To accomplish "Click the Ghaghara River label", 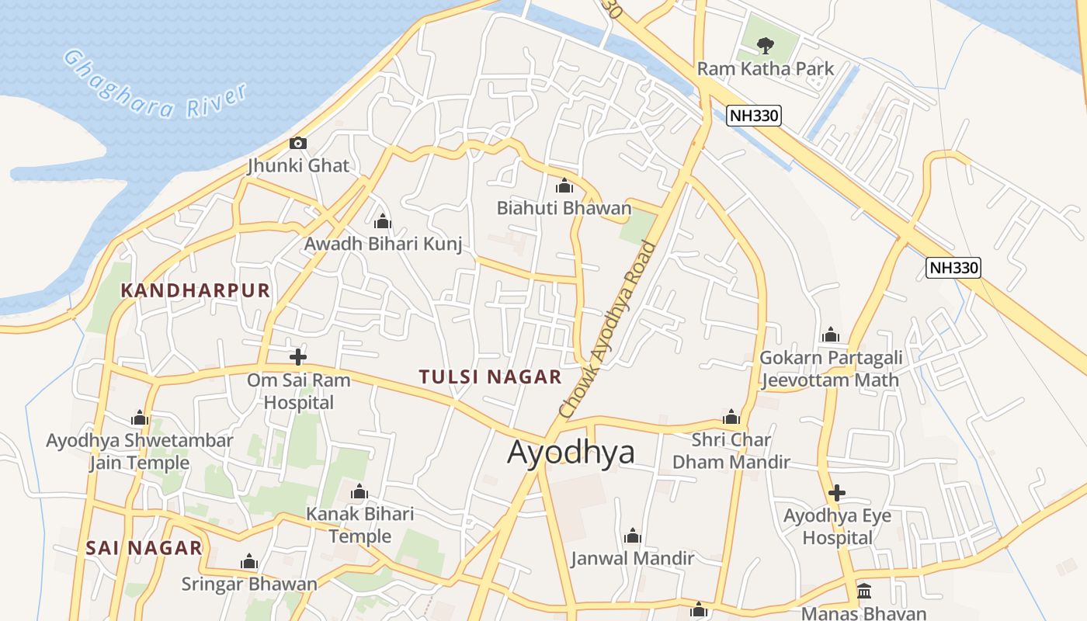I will (x=155, y=85).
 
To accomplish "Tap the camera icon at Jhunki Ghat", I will (x=298, y=143).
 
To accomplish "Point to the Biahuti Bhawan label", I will (x=564, y=208).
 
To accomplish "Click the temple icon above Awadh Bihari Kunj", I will (x=382, y=221).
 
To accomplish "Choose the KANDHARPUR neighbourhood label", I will (x=196, y=290).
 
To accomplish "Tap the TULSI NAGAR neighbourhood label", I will (x=490, y=377).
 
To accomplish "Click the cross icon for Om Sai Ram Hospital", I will (x=298, y=357).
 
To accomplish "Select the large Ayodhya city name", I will (x=571, y=452).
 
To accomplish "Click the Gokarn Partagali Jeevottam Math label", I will (x=830, y=369).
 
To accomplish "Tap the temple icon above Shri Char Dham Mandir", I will (x=731, y=417).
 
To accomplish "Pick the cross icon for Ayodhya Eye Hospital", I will (x=837, y=493).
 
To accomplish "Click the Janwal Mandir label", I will (x=632, y=558).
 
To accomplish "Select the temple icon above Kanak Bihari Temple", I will (x=359, y=491).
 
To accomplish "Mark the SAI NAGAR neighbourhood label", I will (x=144, y=548).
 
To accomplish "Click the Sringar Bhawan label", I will (x=249, y=584).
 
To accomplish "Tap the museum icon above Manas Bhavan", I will (x=864, y=591).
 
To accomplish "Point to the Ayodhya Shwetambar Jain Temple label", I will (x=140, y=452).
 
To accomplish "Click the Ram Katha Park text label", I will (x=765, y=68).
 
